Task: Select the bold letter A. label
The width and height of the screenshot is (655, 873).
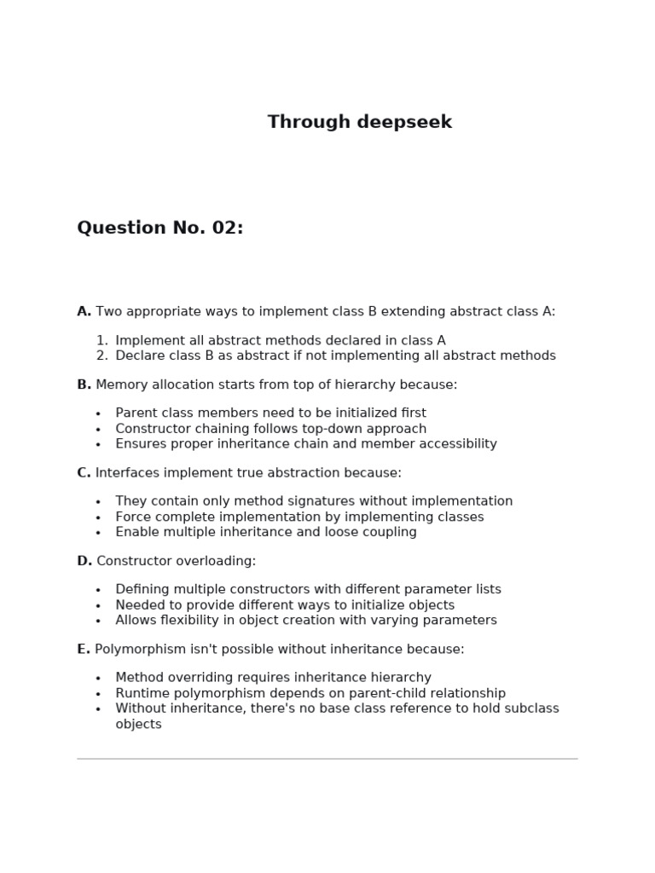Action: pos(84,311)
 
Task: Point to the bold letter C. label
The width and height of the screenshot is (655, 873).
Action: pos(84,472)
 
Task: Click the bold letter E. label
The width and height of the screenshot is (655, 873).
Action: pos(83,649)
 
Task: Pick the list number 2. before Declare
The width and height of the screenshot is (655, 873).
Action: pos(102,356)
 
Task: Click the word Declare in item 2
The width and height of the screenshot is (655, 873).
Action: pos(141,356)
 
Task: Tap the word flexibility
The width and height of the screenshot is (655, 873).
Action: pos(198,620)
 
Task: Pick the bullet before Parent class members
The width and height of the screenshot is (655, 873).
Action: pos(98,414)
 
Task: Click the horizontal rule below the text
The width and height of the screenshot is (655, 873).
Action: pos(327,758)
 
